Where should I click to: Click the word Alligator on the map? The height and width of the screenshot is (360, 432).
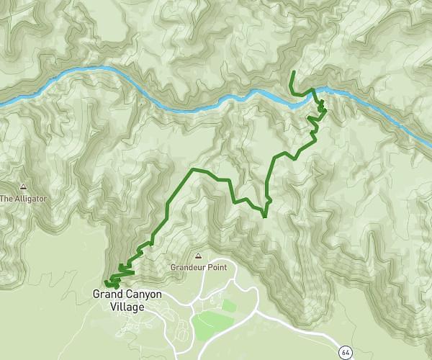coord(30,198)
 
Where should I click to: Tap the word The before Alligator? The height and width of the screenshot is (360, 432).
coord(7,198)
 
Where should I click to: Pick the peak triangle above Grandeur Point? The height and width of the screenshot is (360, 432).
coord(198,256)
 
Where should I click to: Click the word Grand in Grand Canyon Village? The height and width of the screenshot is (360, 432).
coord(108,295)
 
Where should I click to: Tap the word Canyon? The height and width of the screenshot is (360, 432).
coord(143,295)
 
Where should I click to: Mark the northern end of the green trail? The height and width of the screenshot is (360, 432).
coord(293,73)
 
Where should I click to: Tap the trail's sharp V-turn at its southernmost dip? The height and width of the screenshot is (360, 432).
coord(264,216)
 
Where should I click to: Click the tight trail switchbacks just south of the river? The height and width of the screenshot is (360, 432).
coord(320,110)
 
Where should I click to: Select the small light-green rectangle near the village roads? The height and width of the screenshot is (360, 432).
coord(229,305)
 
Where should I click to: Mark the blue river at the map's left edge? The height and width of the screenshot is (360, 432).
coord(3,104)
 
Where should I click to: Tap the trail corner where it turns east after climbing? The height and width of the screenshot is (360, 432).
coord(192,170)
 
